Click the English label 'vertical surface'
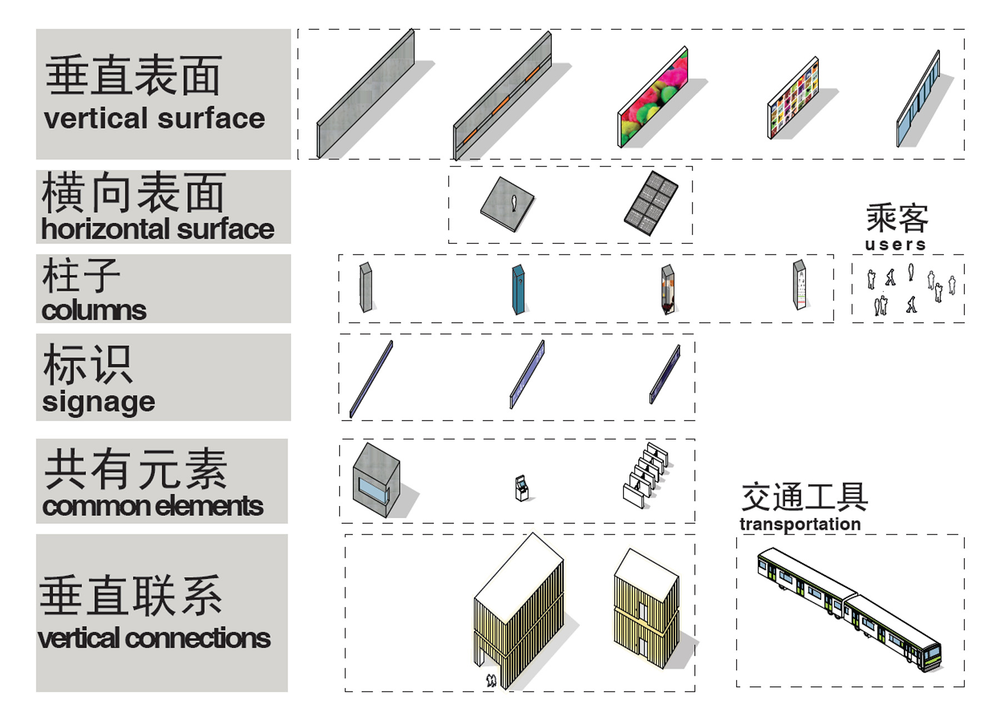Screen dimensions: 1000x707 154,118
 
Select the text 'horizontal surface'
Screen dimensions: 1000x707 158,229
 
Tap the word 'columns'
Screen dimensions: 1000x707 94,310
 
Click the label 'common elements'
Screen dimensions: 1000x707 153,506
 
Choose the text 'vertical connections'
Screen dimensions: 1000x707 154,638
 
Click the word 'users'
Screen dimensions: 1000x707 896,244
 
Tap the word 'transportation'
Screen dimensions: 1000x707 800,524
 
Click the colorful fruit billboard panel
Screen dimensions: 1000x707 653,97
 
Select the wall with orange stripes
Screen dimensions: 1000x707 502,96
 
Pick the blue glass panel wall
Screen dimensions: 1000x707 918,99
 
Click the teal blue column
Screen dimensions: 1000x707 518,290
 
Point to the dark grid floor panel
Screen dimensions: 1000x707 651,203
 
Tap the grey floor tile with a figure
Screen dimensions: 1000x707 507,204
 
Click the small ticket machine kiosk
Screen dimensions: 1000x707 521,488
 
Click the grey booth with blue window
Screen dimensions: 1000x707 376,480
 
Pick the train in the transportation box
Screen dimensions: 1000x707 849,609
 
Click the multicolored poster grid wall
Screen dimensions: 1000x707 793,98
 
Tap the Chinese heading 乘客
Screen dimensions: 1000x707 897,218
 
